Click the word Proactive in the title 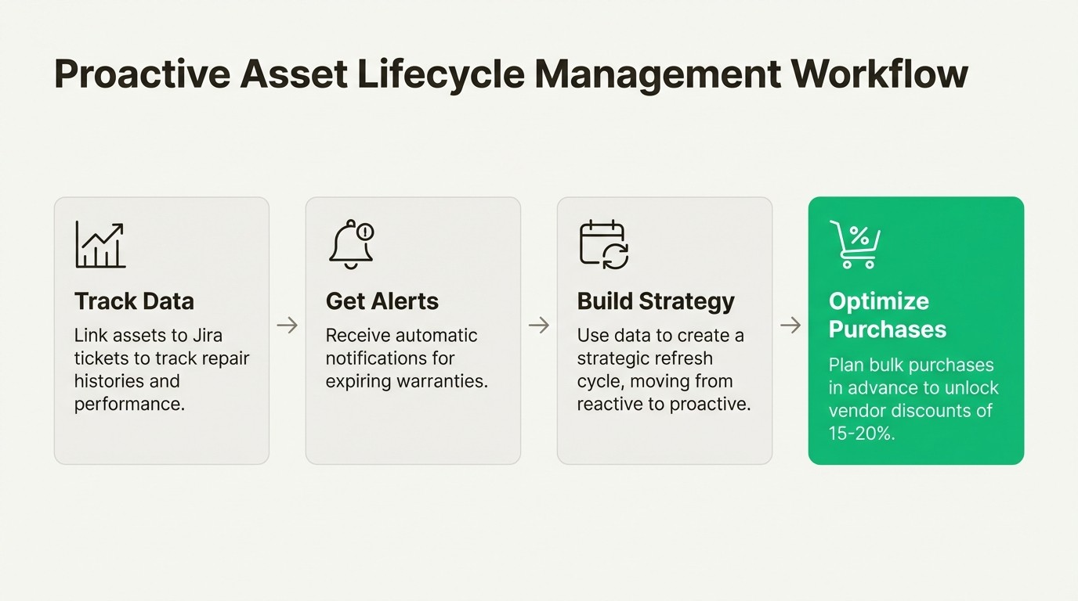click(x=141, y=74)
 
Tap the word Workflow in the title click(x=879, y=74)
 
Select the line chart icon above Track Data click(x=100, y=245)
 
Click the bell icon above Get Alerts click(x=350, y=245)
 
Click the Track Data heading click(x=134, y=301)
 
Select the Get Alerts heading click(x=382, y=301)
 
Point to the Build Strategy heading click(x=656, y=301)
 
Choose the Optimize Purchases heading click(x=887, y=315)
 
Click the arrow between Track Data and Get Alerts click(x=288, y=325)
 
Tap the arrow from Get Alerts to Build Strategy click(x=539, y=325)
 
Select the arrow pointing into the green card click(x=790, y=325)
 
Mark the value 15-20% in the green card click(x=861, y=433)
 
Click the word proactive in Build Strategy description click(x=711, y=404)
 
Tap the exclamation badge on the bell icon click(x=365, y=232)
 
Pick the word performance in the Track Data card click(x=129, y=404)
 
